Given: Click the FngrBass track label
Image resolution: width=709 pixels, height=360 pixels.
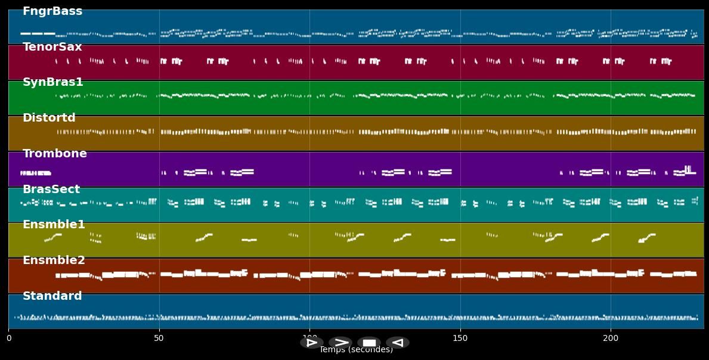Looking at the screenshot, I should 52,11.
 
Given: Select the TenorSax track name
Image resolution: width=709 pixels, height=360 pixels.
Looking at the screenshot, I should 52,47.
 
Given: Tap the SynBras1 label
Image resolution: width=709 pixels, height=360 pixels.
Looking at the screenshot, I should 53,82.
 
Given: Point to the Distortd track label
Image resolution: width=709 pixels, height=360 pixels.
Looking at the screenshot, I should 49,118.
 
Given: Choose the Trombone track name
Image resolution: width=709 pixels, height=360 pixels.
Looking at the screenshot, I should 55,154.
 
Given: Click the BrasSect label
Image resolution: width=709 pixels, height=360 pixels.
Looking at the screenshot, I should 51,190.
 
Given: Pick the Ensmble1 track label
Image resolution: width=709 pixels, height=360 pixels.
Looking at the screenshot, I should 54,225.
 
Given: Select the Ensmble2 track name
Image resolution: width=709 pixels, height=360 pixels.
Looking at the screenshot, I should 54,260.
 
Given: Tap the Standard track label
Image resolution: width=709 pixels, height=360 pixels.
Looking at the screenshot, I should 52,296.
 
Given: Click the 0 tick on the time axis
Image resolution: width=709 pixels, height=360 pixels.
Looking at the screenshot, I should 8,339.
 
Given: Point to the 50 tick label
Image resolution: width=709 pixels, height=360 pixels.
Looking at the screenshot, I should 159,339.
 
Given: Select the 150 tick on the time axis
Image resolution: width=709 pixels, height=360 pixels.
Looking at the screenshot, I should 460,339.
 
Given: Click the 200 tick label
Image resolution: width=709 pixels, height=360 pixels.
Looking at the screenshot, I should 611,339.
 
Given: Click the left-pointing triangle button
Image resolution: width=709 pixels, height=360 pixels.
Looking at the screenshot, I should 397,343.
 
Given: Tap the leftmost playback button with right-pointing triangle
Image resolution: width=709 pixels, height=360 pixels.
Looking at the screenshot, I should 311,343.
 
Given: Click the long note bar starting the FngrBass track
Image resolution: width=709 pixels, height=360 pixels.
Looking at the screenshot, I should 38,33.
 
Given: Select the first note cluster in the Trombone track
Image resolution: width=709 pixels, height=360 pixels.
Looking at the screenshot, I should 35,173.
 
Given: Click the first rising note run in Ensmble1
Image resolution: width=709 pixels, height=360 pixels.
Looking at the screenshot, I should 53,237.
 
